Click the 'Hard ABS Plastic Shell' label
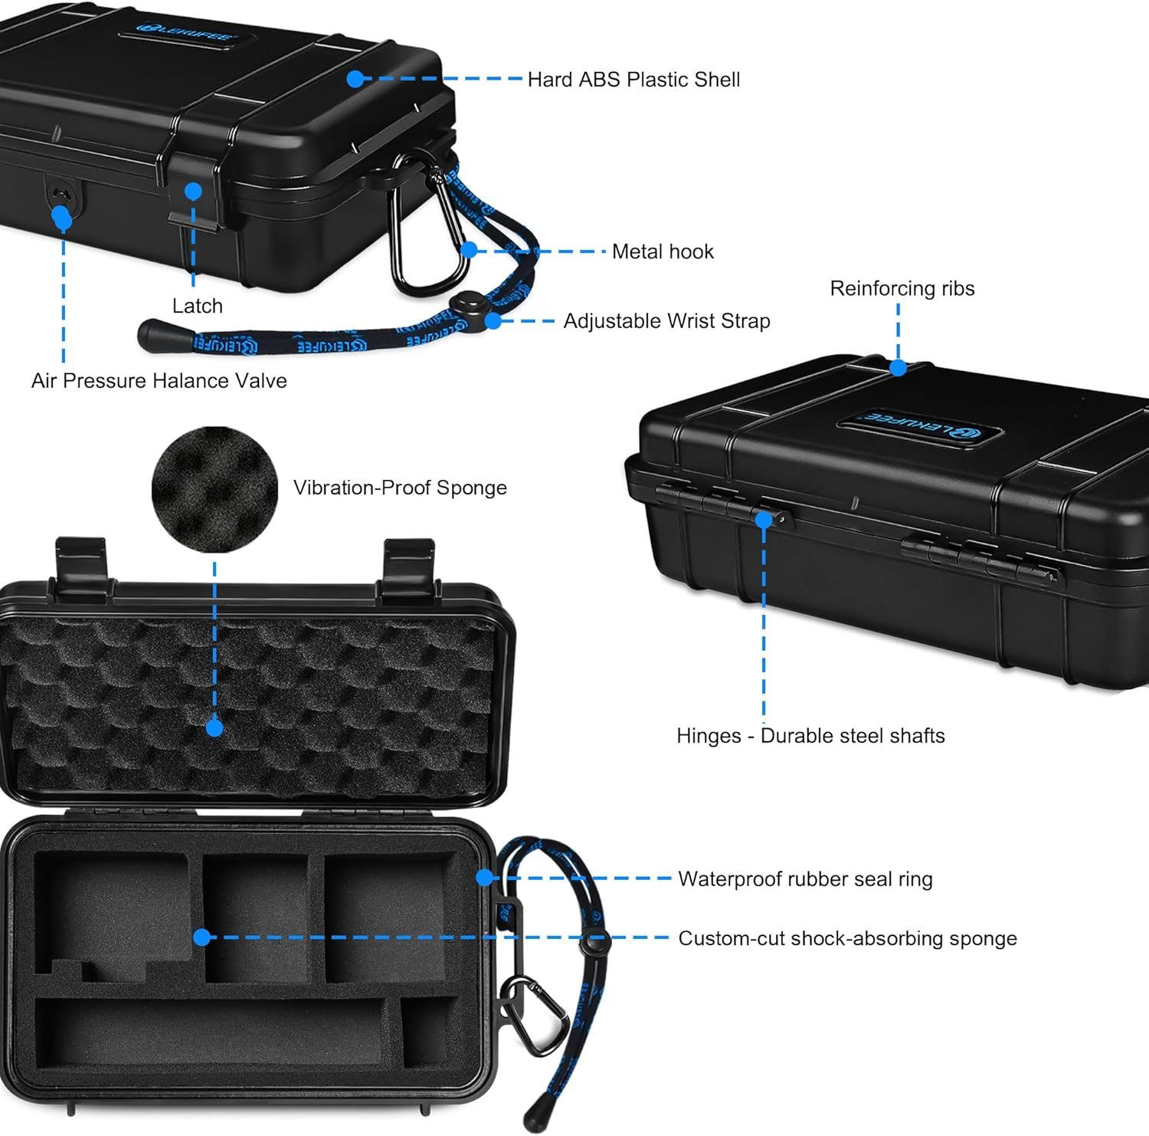pos(633,80)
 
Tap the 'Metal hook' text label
pos(663,251)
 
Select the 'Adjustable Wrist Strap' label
pos(666,321)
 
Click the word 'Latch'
pos(198,306)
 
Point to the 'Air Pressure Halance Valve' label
pos(159,381)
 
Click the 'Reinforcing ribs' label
pos(902,288)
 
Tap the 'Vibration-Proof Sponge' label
pos(400,488)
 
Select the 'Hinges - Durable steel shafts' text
pos(810,736)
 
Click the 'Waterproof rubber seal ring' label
pos(805,879)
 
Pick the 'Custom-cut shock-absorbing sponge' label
pos(847,938)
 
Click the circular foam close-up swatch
pos(214,489)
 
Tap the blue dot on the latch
pos(193,191)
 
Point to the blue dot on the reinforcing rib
pos(899,368)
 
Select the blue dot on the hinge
pos(764,520)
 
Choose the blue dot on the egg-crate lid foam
pos(214,727)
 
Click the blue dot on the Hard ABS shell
pos(355,79)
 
